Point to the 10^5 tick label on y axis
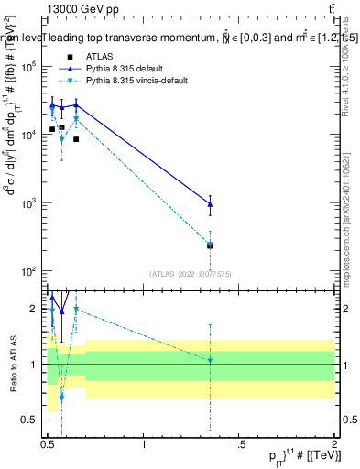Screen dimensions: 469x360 click(x=29, y=67)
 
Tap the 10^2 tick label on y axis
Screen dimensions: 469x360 click(x=29, y=271)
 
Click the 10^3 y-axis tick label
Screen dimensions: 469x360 click(x=29, y=203)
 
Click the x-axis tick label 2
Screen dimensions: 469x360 click(x=334, y=445)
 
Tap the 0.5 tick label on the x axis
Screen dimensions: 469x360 click(x=49, y=445)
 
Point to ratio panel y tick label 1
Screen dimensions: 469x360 click(x=35, y=365)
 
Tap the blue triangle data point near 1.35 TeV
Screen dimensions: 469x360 click(x=211, y=203)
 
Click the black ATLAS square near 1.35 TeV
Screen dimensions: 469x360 click(x=211, y=245)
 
